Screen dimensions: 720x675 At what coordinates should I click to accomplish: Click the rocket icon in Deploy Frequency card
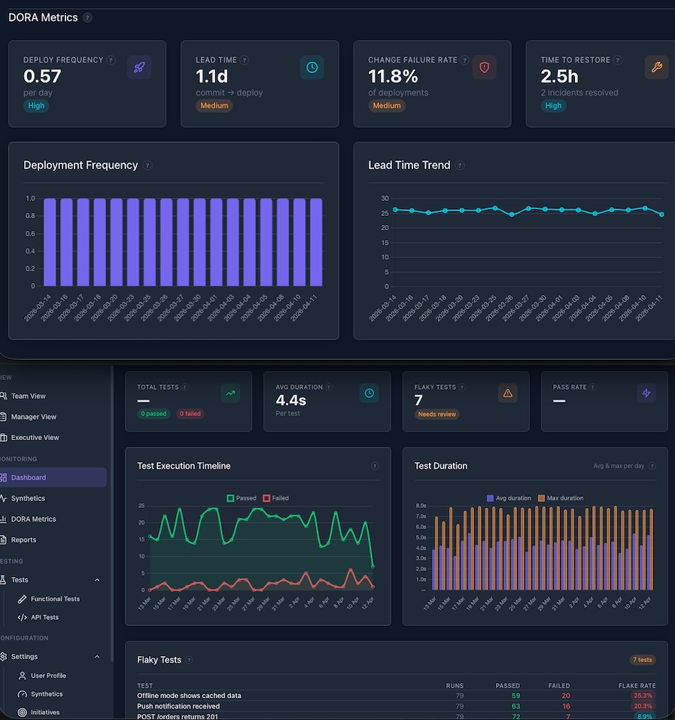(x=139, y=67)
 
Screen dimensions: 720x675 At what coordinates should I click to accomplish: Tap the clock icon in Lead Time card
(x=312, y=67)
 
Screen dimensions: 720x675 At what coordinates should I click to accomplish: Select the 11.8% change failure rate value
(x=393, y=76)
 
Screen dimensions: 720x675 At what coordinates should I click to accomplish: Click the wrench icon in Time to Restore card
(x=656, y=67)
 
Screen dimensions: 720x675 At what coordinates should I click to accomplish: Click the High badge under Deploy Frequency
(x=37, y=106)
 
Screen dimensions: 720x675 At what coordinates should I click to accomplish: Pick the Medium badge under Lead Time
(x=214, y=106)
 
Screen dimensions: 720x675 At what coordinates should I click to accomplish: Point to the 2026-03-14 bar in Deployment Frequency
(x=50, y=242)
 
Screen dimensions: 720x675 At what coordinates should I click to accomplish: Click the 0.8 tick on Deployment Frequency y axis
(x=30, y=216)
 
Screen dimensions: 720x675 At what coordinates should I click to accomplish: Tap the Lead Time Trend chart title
(x=409, y=165)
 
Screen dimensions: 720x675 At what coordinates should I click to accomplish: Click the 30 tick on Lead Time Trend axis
(x=385, y=199)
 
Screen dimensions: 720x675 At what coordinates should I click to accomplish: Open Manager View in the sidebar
(x=33, y=417)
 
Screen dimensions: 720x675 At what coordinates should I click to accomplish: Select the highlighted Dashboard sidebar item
(x=29, y=478)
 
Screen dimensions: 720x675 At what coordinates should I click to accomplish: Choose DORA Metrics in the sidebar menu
(x=33, y=519)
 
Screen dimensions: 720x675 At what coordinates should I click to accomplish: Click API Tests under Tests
(x=44, y=618)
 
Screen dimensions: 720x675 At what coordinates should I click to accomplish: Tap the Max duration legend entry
(x=561, y=498)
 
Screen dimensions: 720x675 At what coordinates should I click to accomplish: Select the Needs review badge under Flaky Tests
(x=436, y=415)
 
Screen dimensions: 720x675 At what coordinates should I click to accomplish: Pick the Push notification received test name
(x=178, y=706)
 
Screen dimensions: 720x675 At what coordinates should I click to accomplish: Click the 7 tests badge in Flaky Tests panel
(x=642, y=660)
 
